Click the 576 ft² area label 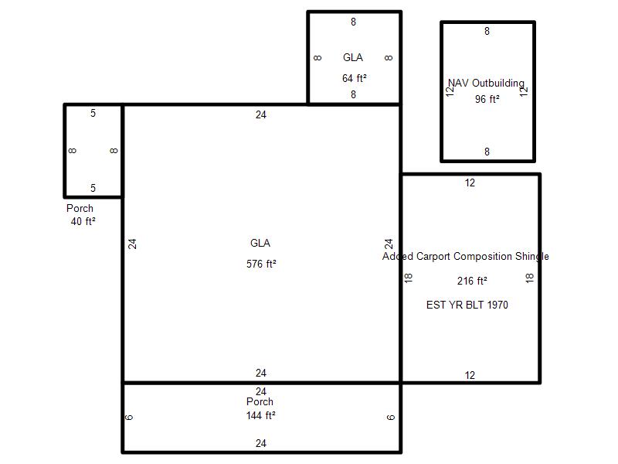(261, 264)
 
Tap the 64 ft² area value (354, 78)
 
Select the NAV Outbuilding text (486, 83)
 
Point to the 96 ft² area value (487, 99)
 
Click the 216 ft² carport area (472, 281)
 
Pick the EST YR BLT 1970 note (467, 305)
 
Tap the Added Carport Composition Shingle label (466, 256)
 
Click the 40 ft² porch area (83, 221)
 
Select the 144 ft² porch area (260, 415)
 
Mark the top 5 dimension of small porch (93, 113)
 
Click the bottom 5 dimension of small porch (93, 188)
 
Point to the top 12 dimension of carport (470, 183)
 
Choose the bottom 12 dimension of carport (470, 375)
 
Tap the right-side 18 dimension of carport (529, 278)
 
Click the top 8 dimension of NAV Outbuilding (487, 31)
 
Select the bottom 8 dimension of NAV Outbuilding (487, 152)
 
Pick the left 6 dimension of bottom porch (129, 418)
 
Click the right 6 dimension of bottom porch (390, 418)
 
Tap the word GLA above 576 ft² (260, 243)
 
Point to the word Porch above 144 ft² (260, 401)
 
